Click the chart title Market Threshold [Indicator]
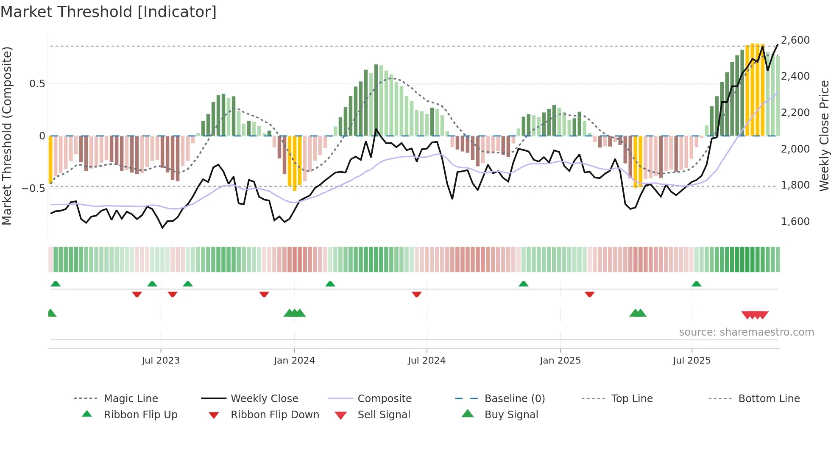click(109, 12)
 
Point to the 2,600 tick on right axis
click(795, 40)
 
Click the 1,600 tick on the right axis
click(795, 222)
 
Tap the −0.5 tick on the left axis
click(33, 188)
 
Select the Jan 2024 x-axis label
click(294, 361)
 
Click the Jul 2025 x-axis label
click(692, 361)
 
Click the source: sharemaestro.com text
click(746, 332)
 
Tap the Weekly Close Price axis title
click(824, 136)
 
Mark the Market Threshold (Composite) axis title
click(7, 136)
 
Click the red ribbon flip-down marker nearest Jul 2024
click(417, 294)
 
